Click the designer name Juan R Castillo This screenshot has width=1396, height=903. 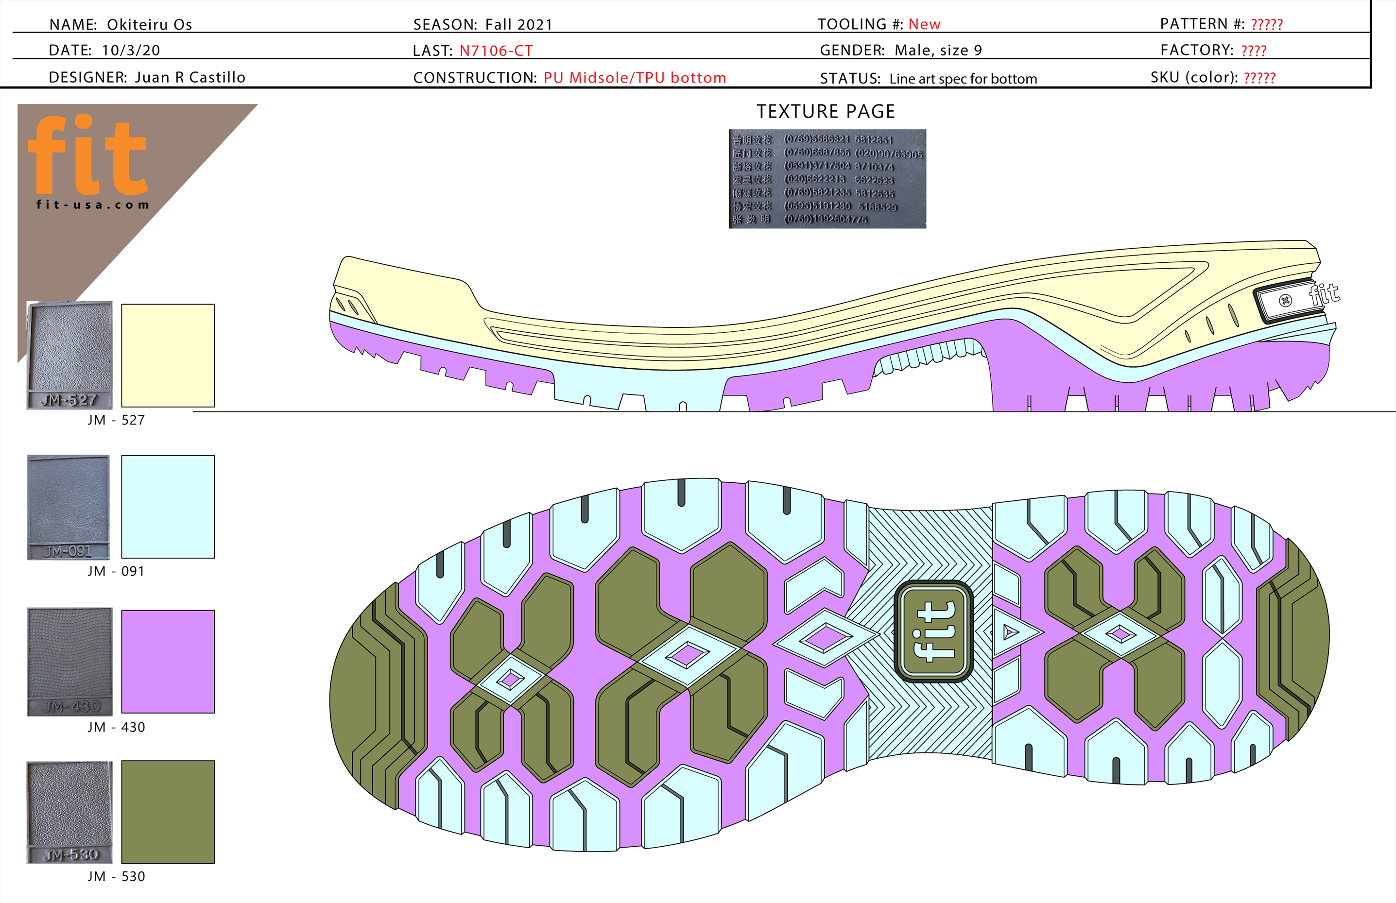190,77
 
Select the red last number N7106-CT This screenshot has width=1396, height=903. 496,51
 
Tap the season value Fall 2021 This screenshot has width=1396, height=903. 518,25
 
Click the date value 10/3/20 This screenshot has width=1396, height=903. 131,51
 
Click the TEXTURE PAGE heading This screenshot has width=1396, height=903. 825,111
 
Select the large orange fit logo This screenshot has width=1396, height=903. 88,155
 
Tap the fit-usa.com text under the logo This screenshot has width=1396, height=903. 93,204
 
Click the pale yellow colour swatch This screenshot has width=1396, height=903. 168,356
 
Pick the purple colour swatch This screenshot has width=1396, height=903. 168,662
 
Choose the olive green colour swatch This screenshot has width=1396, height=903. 168,812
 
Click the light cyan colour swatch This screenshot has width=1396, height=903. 168,507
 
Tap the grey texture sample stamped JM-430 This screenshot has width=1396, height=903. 70,662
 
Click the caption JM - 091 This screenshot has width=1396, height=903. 116,571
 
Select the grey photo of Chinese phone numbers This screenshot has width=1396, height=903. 827,179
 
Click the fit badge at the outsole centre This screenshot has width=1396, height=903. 934,631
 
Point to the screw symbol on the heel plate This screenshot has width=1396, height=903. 1285,301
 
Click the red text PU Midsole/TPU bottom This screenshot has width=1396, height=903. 635,78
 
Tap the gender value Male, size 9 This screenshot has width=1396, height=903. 938,51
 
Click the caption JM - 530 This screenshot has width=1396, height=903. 116,877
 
